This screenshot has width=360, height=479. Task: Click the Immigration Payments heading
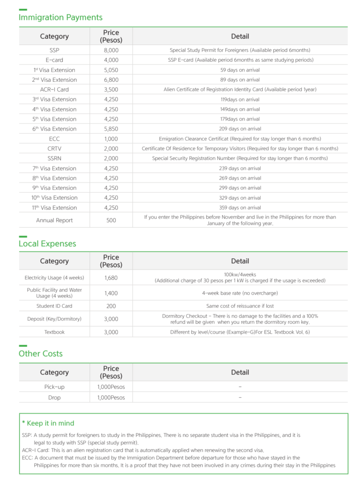(60, 17)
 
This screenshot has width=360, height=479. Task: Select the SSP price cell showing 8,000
(111, 50)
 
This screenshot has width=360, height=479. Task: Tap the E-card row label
(54, 60)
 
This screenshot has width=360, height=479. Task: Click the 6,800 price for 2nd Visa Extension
(111, 80)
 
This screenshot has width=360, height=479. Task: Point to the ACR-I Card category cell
(54, 89)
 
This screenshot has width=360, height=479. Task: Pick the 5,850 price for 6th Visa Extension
(111, 129)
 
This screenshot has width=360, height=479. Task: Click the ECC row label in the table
(54, 139)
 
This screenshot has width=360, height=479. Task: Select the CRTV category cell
(54, 149)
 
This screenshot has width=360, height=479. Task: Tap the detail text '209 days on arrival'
(240, 129)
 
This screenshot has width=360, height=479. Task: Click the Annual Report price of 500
(111, 220)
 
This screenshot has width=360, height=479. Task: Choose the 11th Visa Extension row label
(54, 208)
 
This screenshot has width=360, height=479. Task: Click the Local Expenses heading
(47, 244)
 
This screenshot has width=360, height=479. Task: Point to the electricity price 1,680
(111, 277)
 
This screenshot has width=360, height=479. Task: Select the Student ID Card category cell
(54, 306)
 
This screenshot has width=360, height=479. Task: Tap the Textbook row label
(54, 332)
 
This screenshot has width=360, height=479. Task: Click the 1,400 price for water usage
(111, 293)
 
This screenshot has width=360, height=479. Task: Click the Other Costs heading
(41, 354)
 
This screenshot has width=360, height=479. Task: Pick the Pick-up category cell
(54, 387)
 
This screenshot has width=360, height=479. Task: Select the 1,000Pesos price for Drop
(111, 398)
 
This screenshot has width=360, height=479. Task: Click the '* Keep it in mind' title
(48, 423)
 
